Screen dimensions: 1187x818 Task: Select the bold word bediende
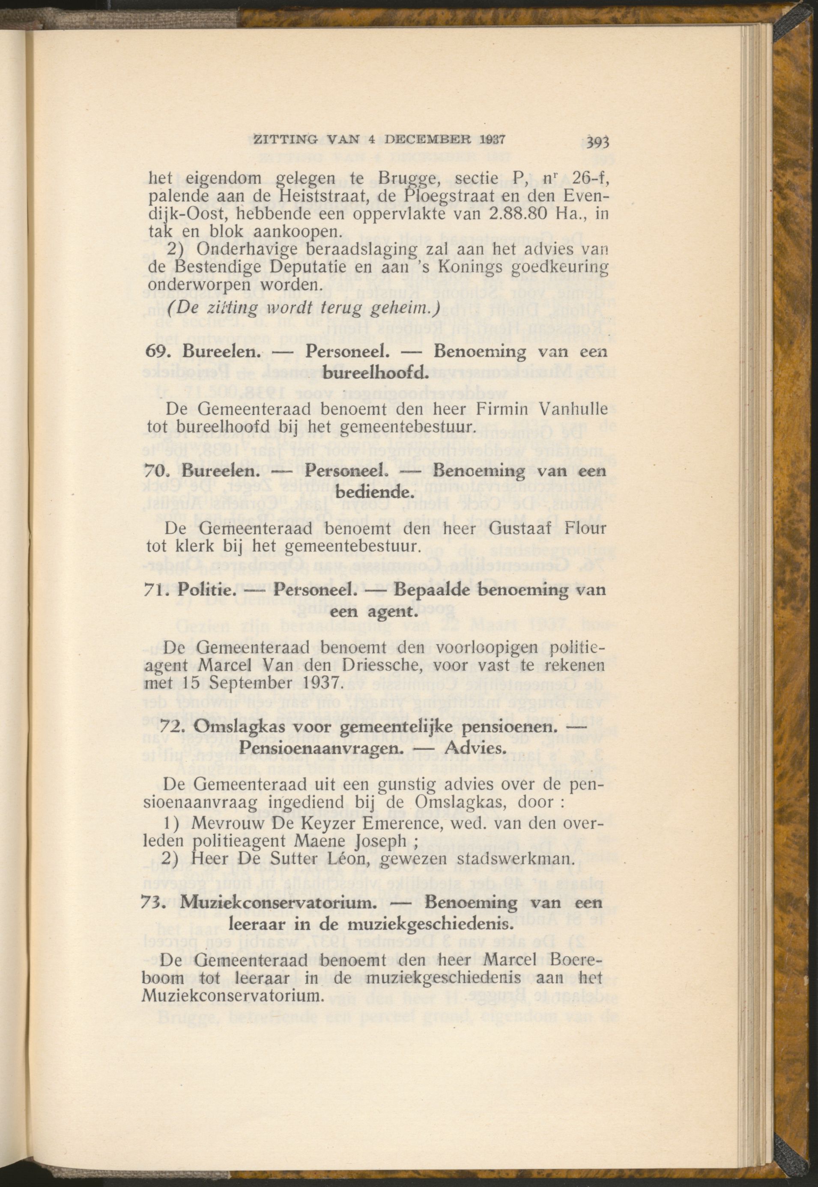pos(375,493)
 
